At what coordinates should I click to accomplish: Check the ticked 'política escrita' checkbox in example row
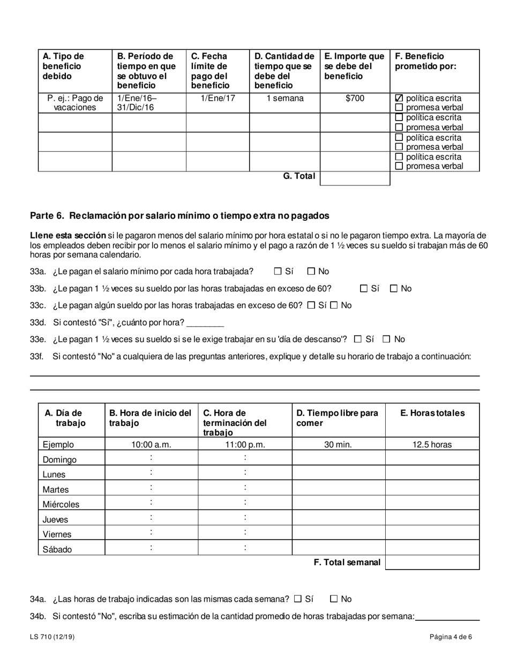pyautogui.click(x=399, y=99)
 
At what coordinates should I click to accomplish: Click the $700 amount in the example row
pyautogui.click(x=355, y=99)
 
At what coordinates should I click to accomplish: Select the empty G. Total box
pyautogui.click(x=355, y=178)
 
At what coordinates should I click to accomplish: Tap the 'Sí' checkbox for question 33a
pyautogui.click(x=278, y=272)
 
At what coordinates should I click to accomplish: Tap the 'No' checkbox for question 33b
pyautogui.click(x=394, y=289)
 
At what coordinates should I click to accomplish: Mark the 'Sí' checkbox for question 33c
pyautogui.click(x=311, y=305)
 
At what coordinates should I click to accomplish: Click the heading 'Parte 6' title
pyautogui.click(x=179, y=215)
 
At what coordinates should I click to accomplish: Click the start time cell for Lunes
pyautogui.click(x=152, y=473)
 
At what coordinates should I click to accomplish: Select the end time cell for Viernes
pyautogui.click(x=245, y=533)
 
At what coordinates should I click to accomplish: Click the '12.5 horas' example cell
pyautogui.click(x=432, y=444)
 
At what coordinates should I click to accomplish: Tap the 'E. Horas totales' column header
pyautogui.click(x=432, y=413)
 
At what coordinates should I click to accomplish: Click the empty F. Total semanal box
pyautogui.click(x=432, y=562)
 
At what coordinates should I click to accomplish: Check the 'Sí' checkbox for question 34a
pyautogui.click(x=298, y=599)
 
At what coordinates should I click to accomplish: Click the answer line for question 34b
pyautogui.click(x=447, y=617)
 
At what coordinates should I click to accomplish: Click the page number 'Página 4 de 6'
pyautogui.click(x=451, y=637)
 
